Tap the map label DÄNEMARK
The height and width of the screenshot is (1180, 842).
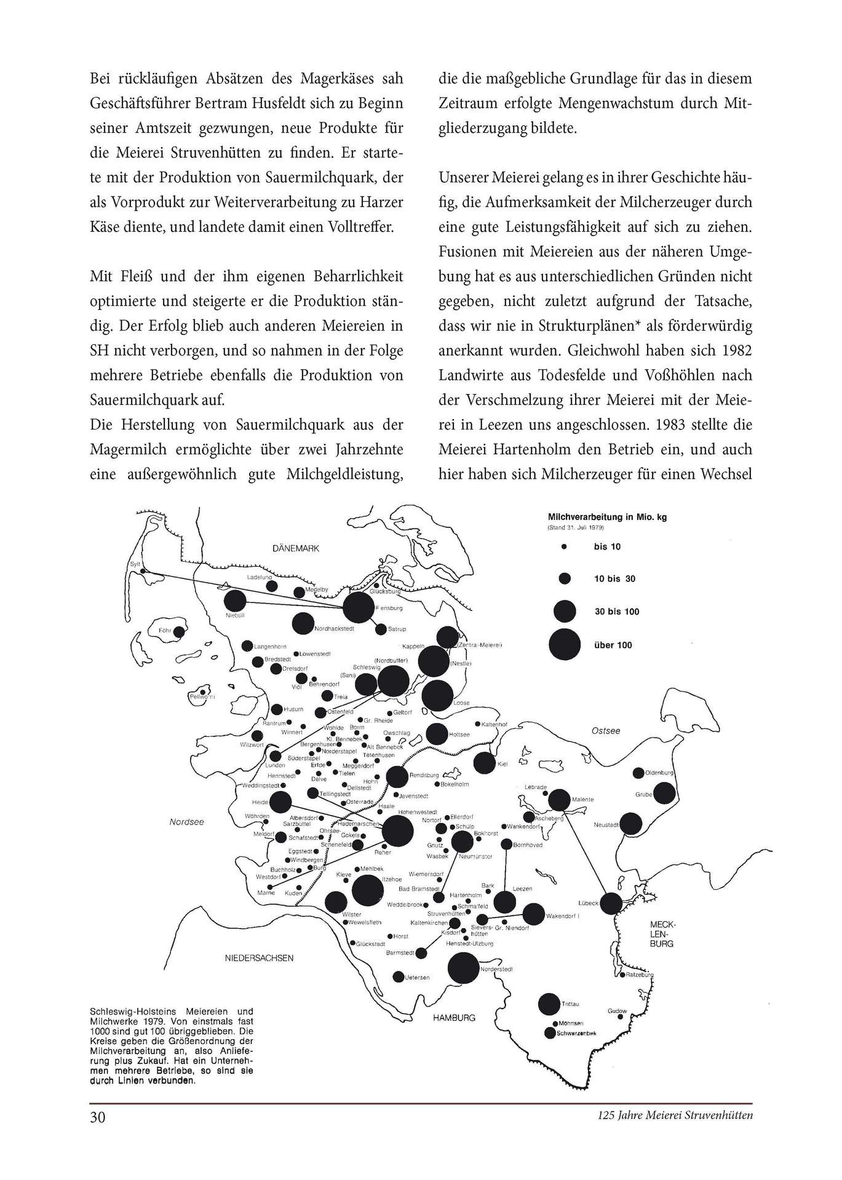tap(296, 548)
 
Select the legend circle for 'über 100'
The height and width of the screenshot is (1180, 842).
tap(564, 645)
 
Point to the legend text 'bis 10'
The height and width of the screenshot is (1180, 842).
tap(607, 546)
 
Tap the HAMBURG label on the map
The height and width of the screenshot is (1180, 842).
tap(454, 1017)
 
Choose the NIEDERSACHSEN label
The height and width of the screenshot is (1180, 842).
tap(259, 958)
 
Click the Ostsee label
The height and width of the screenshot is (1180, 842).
tap(605, 731)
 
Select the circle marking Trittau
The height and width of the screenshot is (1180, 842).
tap(549, 1004)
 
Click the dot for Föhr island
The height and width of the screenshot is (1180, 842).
tap(179, 631)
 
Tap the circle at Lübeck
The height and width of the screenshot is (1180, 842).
tap(611, 903)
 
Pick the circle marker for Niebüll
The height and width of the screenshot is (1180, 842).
tap(235, 602)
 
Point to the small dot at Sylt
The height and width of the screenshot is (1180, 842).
tap(143, 572)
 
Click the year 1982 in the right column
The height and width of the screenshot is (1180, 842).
tap(735, 350)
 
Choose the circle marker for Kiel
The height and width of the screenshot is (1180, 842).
tap(484, 763)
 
